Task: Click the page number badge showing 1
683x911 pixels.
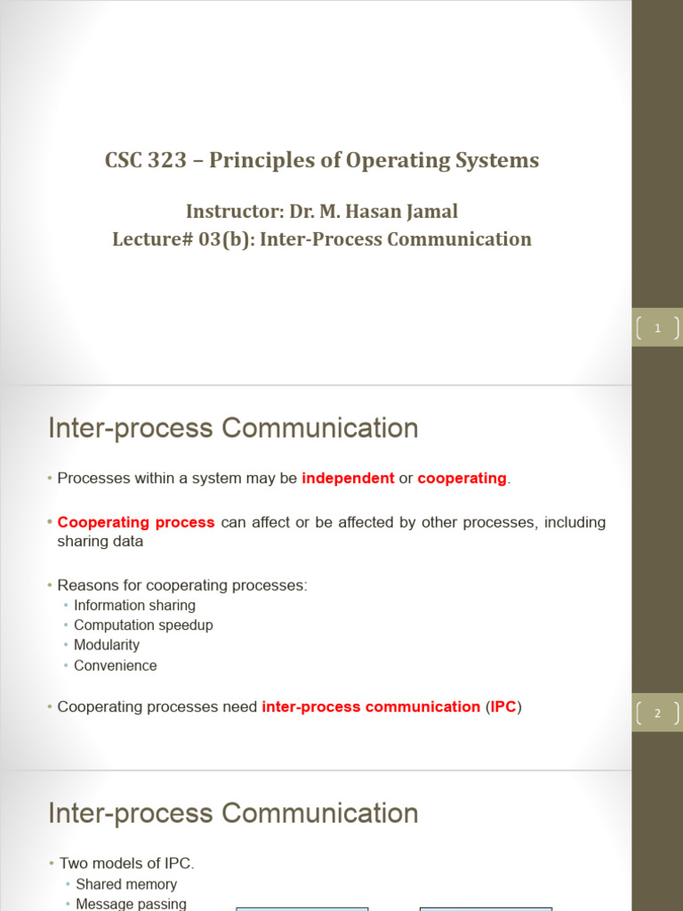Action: tap(657, 328)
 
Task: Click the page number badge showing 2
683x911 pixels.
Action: tap(657, 713)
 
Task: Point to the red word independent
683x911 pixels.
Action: tap(348, 478)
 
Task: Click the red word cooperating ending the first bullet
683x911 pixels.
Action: tap(462, 478)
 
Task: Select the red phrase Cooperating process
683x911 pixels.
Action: tap(136, 522)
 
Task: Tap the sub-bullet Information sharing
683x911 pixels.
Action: tap(134, 605)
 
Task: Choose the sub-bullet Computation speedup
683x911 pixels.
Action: tap(143, 625)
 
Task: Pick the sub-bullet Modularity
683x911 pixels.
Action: tap(107, 645)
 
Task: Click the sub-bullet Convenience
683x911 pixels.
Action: tap(115, 665)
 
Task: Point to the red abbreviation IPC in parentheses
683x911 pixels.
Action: tap(503, 707)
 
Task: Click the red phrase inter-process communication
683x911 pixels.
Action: tap(371, 707)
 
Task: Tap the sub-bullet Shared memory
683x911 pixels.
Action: tap(126, 884)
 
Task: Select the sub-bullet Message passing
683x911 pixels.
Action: tap(131, 904)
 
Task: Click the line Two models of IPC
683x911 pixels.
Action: tap(126, 863)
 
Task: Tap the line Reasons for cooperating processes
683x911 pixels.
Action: tap(182, 585)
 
